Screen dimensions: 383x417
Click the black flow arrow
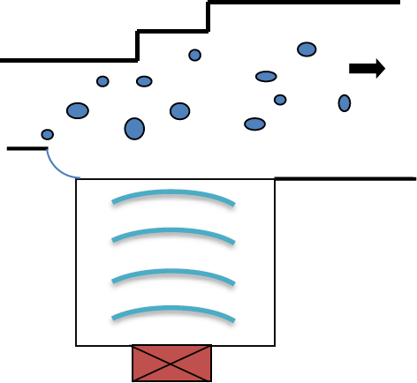tap(367, 69)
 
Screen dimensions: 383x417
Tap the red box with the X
tap(172, 363)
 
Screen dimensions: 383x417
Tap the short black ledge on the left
tap(27, 149)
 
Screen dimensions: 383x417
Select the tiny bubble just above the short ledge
tap(48, 134)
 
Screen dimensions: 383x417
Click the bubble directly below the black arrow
tap(345, 103)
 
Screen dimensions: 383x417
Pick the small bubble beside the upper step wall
tap(195, 55)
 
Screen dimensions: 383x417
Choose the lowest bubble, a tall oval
tap(134, 129)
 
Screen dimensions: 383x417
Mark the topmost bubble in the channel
tap(307, 49)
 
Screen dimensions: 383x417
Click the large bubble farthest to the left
tap(78, 110)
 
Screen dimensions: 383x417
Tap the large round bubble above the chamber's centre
tap(179, 111)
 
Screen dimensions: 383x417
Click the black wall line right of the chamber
tap(345, 179)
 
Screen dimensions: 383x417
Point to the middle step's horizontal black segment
tap(172, 33)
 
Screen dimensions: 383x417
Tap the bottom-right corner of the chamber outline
tap(275, 345)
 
